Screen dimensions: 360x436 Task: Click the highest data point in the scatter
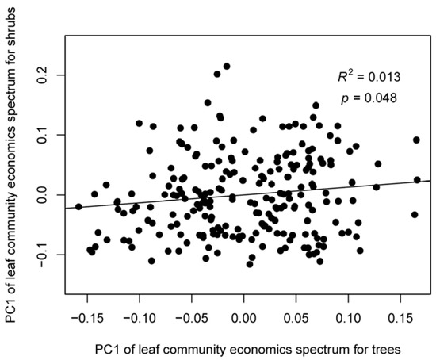point(226,67)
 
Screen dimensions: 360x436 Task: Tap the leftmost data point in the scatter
point(78,206)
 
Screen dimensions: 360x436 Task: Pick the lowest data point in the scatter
point(250,264)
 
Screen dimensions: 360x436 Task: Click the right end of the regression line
point(430,181)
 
